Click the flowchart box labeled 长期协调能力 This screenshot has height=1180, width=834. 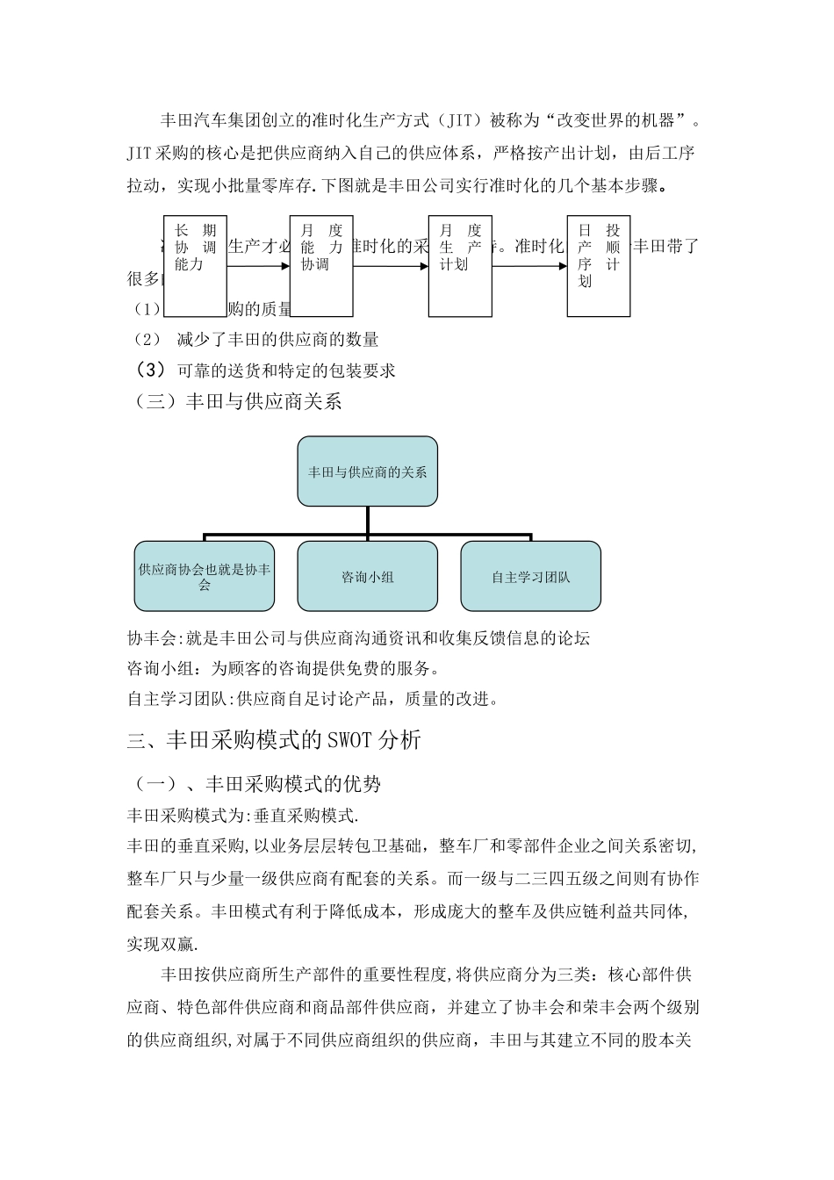pos(195,266)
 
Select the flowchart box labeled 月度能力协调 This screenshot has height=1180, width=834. pos(321,266)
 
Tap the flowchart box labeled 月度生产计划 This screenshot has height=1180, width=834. pos(460,266)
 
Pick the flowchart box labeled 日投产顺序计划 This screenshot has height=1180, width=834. pos(599,266)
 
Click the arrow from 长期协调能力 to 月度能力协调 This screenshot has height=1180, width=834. pos(258,266)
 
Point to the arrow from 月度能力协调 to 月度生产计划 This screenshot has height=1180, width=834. pos(391,266)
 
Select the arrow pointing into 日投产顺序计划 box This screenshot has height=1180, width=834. pos(529,266)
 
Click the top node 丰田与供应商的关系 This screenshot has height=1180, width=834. pos(367,471)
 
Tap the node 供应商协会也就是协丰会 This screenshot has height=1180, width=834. pos(205,576)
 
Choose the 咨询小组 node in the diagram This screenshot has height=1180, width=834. pos(367,576)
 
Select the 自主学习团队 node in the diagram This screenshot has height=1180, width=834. pos(530,576)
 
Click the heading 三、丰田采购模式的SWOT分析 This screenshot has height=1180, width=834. pos(274,740)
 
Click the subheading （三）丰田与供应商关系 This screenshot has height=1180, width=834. pos(234,402)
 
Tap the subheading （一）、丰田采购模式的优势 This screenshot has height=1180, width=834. pos(255,783)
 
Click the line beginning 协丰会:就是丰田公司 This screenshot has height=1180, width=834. pos(358,638)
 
